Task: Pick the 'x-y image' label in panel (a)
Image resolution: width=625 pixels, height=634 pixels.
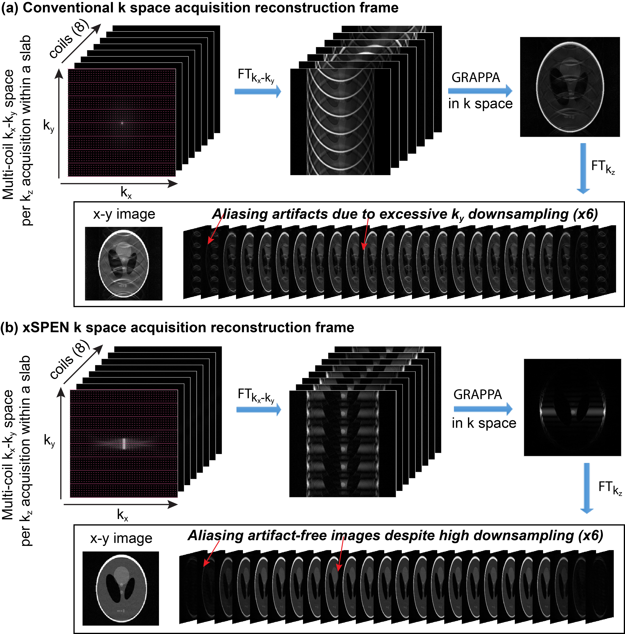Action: point(124,214)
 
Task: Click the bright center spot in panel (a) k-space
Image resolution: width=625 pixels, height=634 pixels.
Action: point(122,123)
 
